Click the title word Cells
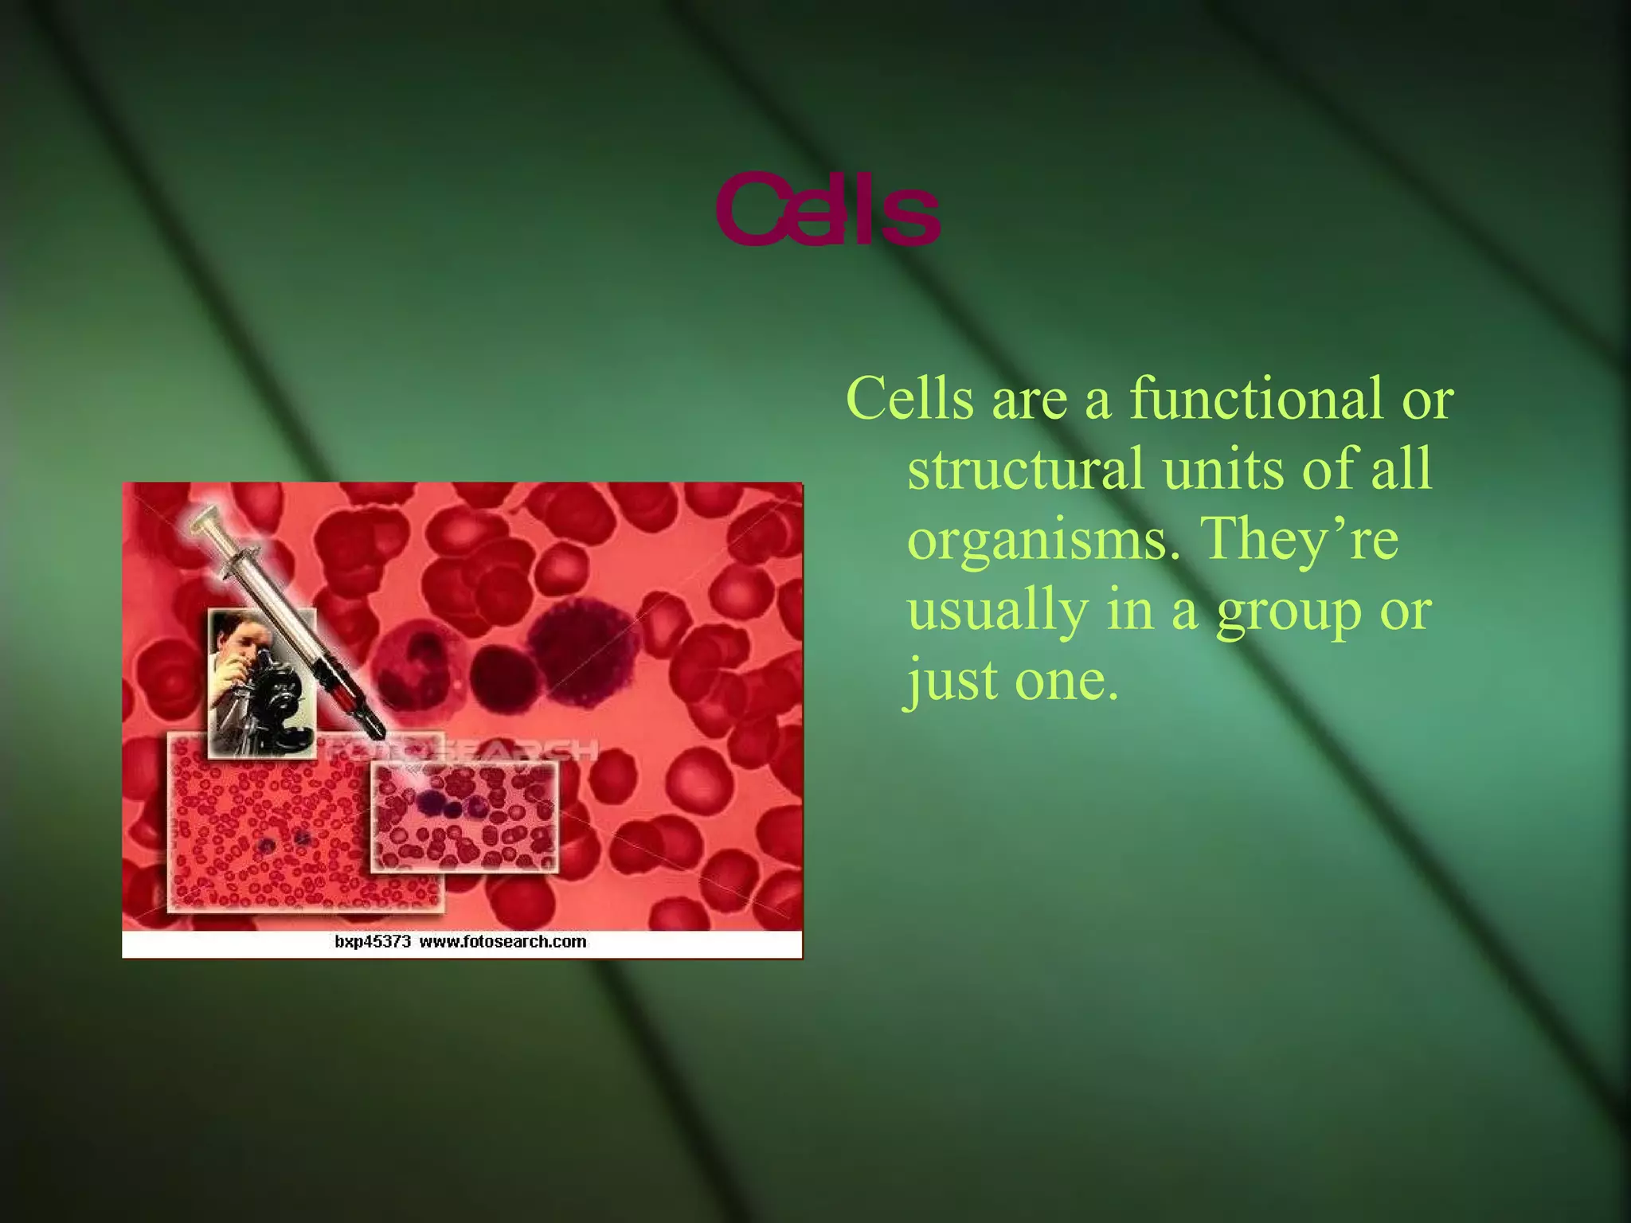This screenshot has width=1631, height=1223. coord(828,210)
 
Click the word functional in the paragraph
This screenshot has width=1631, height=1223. coord(1257,398)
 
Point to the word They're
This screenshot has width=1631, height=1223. coord(1302,538)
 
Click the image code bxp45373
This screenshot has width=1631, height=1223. coord(372,942)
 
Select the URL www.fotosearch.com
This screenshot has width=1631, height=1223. coord(503,942)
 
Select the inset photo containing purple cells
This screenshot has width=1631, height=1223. coord(465,815)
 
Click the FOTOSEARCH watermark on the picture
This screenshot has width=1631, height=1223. coord(462,749)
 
